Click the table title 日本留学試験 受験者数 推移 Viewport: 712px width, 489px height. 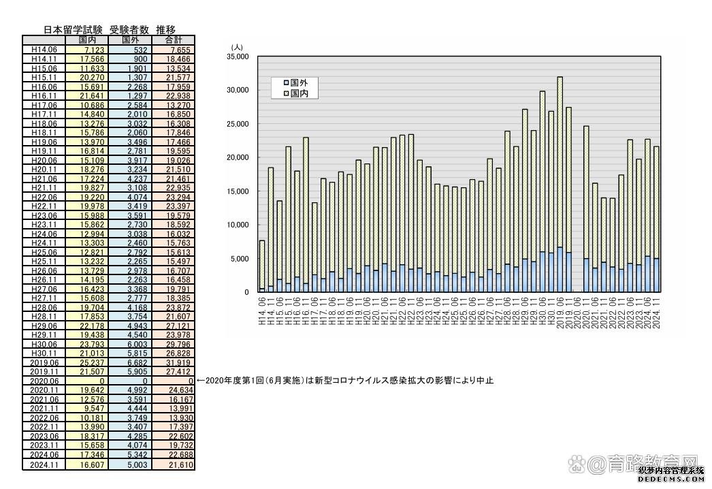(x=110, y=29)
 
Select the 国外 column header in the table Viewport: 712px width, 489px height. (x=130, y=40)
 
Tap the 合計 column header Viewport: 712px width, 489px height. (x=174, y=40)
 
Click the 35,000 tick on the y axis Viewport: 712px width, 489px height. (x=238, y=57)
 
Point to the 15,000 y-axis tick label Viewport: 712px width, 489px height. (x=238, y=191)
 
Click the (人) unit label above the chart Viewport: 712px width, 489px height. (x=236, y=47)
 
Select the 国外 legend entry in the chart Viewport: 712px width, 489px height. (x=295, y=82)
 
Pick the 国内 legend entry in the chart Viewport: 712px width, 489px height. (x=295, y=93)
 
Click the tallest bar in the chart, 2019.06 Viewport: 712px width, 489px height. (x=560, y=184)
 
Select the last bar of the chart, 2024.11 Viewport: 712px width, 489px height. (x=656, y=219)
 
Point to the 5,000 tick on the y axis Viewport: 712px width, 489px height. (x=240, y=259)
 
